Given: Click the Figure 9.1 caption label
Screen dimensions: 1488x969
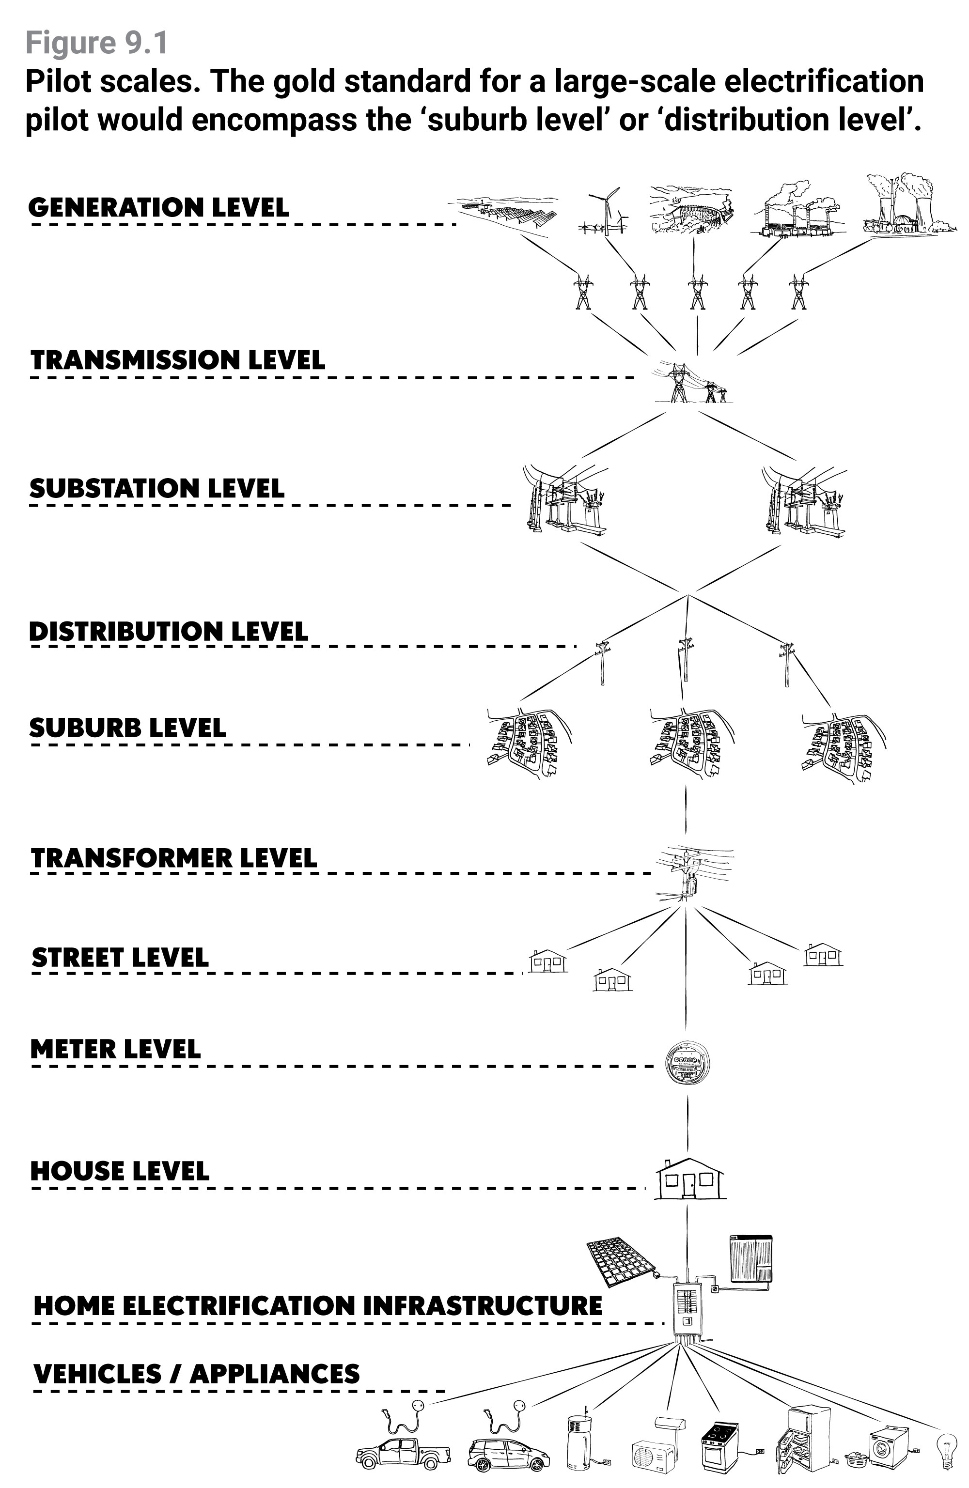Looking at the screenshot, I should click(97, 43).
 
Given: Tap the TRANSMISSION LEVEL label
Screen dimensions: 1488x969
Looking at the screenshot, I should click(178, 360).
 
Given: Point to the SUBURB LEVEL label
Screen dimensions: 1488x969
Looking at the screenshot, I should click(127, 728).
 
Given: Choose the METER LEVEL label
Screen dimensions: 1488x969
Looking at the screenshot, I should click(116, 1049).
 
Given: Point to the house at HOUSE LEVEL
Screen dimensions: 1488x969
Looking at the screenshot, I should click(689, 1179).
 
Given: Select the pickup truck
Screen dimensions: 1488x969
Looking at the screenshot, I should click(402, 1453).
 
